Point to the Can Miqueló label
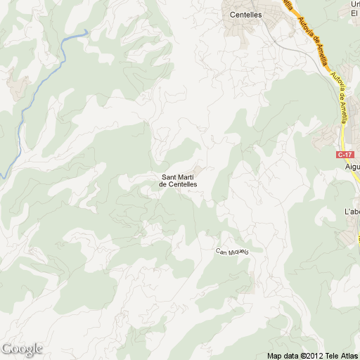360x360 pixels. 233,252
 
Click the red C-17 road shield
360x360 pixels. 344,154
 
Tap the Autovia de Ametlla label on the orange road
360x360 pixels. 312,39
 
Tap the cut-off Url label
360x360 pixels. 354,4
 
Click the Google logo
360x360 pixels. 22,349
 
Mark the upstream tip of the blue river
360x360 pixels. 87,31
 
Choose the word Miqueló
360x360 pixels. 239,253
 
